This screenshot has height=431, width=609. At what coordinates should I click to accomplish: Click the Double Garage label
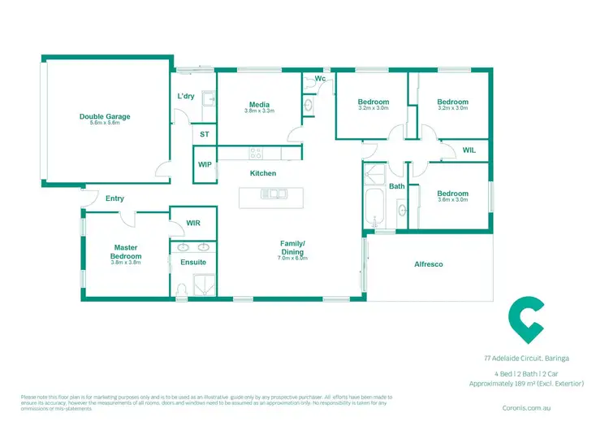[105, 116]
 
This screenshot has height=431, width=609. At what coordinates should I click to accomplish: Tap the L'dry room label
[186, 97]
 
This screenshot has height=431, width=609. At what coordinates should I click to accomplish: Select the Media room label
[260, 103]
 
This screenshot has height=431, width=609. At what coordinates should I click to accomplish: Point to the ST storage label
[204, 135]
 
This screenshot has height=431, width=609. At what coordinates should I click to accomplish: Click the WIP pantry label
[205, 164]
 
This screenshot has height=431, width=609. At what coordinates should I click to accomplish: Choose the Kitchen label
[263, 173]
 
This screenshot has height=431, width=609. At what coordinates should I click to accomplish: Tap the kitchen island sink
[272, 194]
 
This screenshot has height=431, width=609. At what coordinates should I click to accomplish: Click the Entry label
[114, 198]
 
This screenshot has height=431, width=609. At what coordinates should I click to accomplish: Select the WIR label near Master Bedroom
[193, 223]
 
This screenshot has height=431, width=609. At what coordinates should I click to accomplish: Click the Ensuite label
[193, 262]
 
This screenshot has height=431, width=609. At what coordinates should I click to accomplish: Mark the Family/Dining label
[292, 248]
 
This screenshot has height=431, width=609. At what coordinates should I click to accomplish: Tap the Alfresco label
[428, 264]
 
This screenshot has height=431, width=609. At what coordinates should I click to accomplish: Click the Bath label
[396, 186]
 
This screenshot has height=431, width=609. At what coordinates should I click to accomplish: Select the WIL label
[469, 150]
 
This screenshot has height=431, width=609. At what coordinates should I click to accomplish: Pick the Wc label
[321, 79]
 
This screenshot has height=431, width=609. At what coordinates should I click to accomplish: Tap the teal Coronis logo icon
[525, 320]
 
